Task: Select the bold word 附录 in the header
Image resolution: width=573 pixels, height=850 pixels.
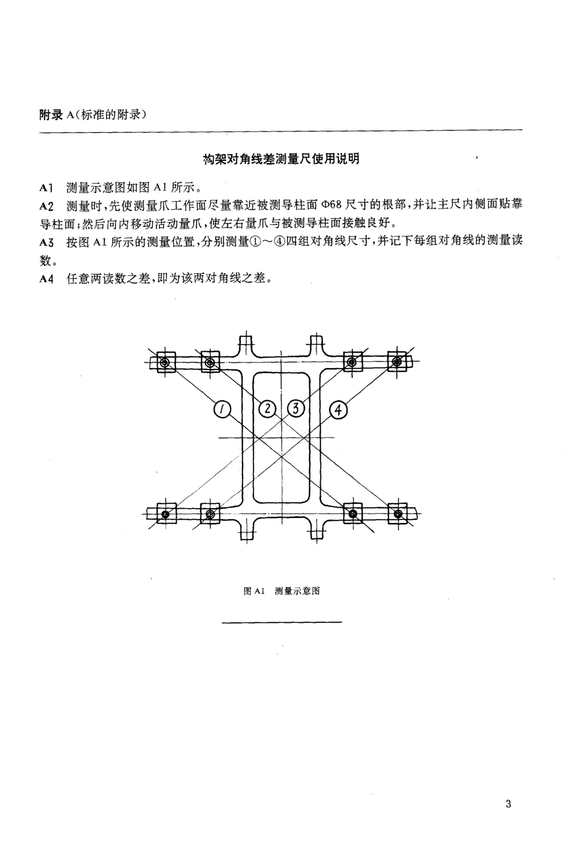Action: coord(51,115)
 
